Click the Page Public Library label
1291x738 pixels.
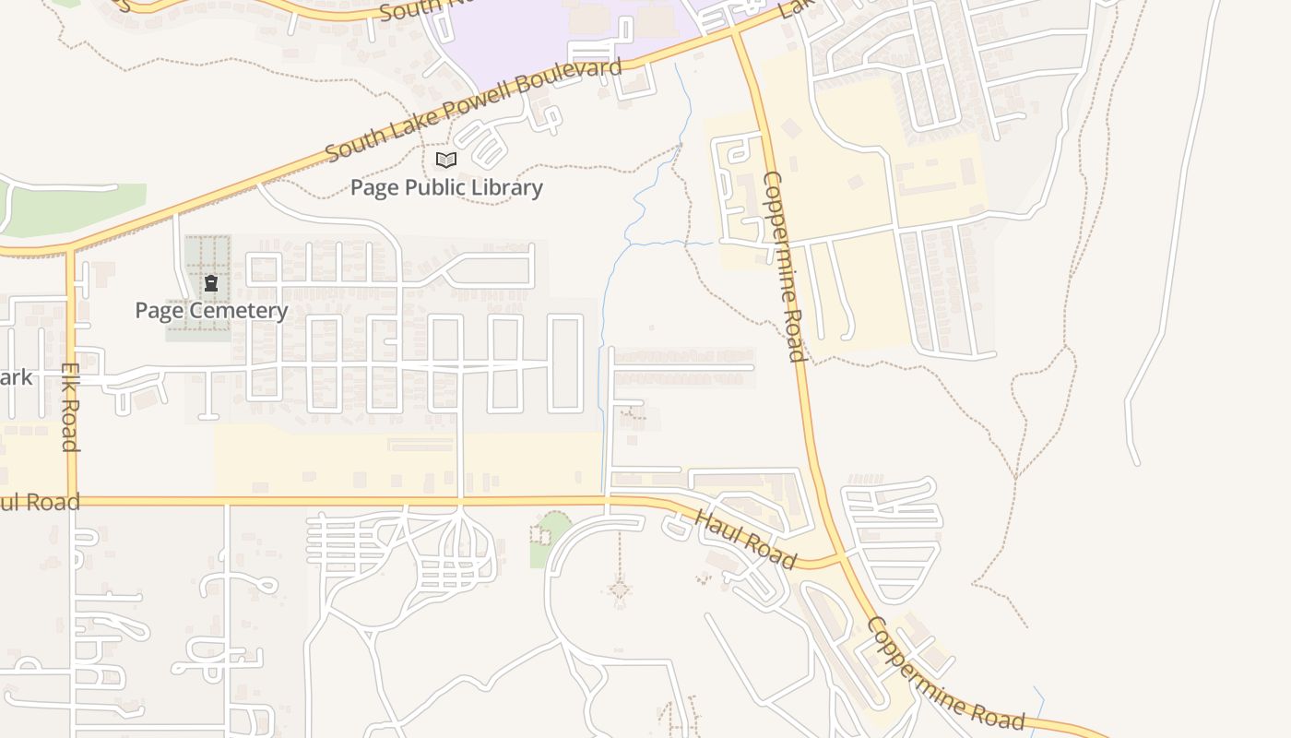(446, 187)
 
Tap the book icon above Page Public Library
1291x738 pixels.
(446, 161)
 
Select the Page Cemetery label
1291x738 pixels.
(211, 310)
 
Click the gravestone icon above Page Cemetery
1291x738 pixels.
(211, 283)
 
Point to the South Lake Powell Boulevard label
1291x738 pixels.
(473, 109)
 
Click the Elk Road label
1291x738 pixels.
(70, 407)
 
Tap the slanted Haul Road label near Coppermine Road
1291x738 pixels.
(745, 540)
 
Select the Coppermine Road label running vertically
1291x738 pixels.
(784, 266)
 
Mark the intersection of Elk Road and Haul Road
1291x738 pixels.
(71, 502)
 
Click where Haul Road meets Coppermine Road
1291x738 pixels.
(841, 559)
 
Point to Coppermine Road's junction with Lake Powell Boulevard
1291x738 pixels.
(735, 31)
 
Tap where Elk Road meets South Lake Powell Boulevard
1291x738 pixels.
(69, 250)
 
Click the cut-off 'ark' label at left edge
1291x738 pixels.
(16, 377)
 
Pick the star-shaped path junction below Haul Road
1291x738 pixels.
(620, 589)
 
